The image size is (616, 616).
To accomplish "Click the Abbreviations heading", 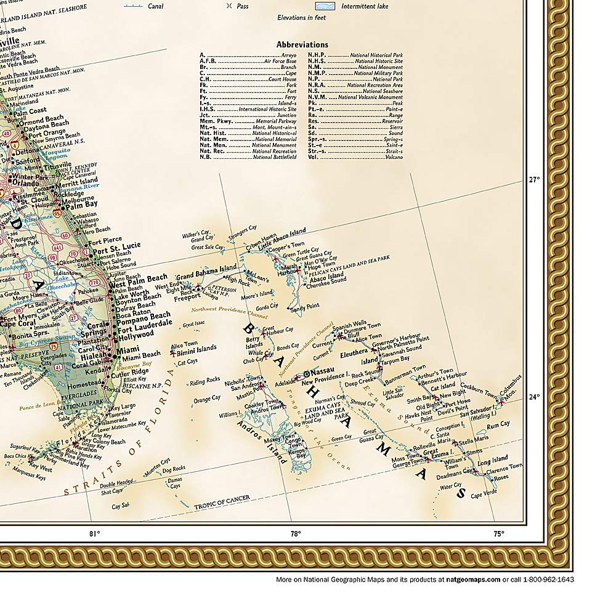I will click(x=302, y=45).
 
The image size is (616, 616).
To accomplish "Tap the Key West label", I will click(x=41, y=465).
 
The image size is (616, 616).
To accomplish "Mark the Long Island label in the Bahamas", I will click(x=493, y=460).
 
